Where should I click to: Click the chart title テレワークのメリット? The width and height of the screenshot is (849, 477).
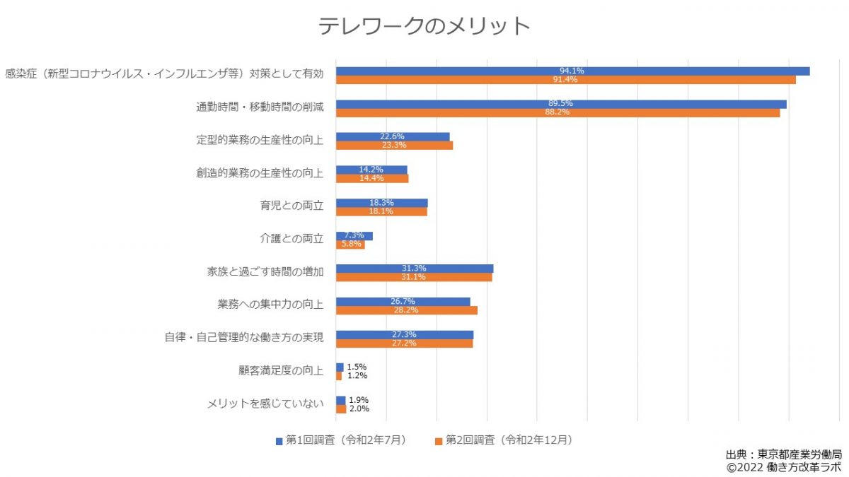coord(424,26)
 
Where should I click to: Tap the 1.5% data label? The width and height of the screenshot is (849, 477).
coord(357,367)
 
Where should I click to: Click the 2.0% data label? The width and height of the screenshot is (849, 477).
coord(359,408)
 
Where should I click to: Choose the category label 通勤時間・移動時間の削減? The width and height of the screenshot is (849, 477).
coord(260,107)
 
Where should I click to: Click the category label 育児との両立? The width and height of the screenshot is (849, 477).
coord(291,206)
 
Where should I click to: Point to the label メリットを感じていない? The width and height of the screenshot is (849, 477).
coord(265,404)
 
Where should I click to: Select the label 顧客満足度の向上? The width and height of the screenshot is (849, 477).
coord(281,370)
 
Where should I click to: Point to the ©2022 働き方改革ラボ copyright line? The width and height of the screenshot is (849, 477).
coord(783,467)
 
